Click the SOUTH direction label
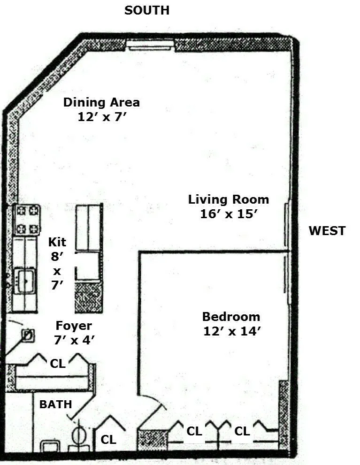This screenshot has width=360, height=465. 146,10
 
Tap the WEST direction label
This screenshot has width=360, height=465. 327,231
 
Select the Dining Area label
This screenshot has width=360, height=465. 101,102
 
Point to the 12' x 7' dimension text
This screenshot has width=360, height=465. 101,117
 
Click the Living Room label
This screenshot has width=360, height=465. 229,199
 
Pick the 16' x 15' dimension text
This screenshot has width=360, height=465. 229,214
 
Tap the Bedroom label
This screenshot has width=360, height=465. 231,316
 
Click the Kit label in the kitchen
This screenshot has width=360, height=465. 57,242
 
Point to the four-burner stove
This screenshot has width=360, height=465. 27,220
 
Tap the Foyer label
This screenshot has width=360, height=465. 74,326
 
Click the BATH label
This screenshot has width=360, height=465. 55,404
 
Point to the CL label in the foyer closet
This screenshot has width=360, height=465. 58,364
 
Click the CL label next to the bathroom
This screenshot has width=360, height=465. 108,440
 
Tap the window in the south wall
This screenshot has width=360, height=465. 150,45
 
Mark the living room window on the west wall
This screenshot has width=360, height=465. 286,225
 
